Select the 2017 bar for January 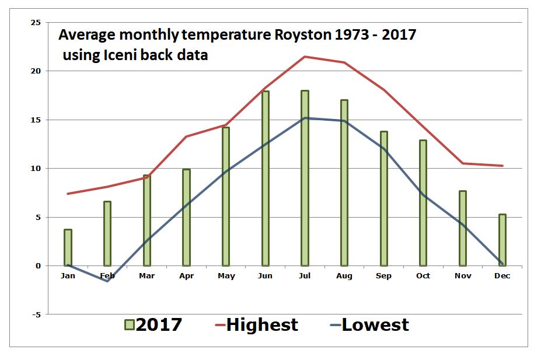[68, 247]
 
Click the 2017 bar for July [305, 178]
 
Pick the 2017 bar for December [502, 240]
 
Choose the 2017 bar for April [186, 217]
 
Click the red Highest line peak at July [305, 57]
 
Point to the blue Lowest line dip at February [107, 281]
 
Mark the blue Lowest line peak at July [305, 118]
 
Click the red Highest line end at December [502, 166]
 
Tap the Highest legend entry [261, 325]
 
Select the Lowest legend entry [375, 325]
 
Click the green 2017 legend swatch [130, 325]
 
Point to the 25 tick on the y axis [36, 23]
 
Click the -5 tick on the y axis [36, 314]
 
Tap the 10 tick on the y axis [36, 169]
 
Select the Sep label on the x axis [383, 275]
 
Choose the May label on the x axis [226, 275]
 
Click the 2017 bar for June [265, 178]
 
